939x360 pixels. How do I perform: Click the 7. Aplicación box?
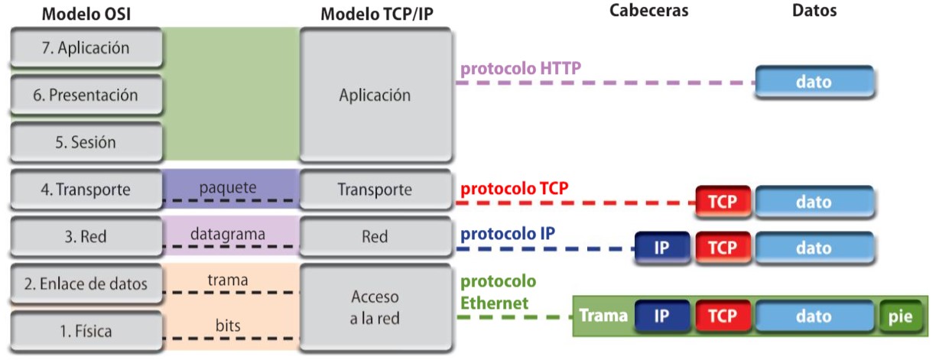pyautogui.click(x=86, y=48)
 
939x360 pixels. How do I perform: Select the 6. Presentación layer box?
pyautogui.click(x=86, y=95)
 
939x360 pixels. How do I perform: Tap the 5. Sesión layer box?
pyautogui.click(x=86, y=142)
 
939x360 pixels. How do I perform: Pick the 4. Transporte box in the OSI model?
pyautogui.click(x=86, y=190)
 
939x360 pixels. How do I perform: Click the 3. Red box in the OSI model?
pyautogui.click(x=86, y=237)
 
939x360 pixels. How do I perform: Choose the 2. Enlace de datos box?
pyautogui.click(x=86, y=284)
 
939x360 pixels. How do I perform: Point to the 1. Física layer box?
pyautogui.click(x=86, y=331)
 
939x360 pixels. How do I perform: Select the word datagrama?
pyautogui.click(x=229, y=234)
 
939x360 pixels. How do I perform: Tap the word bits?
pyautogui.click(x=228, y=326)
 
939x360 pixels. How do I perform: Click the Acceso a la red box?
pyautogui.click(x=375, y=307)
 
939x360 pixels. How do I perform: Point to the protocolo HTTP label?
pyautogui.click(x=521, y=69)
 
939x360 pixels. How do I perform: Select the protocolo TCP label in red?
pyautogui.click(x=514, y=188)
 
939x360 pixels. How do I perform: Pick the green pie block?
pyautogui.click(x=900, y=316)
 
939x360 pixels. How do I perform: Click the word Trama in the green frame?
pyautogui.click(x=603, y=316)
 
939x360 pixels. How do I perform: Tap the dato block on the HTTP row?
pyautogui.click(x=814, y=81)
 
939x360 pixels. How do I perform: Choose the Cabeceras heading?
pyautogui.click(x=648, y=11)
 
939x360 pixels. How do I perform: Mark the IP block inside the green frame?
pyautogui.click(x=662, y=316)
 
